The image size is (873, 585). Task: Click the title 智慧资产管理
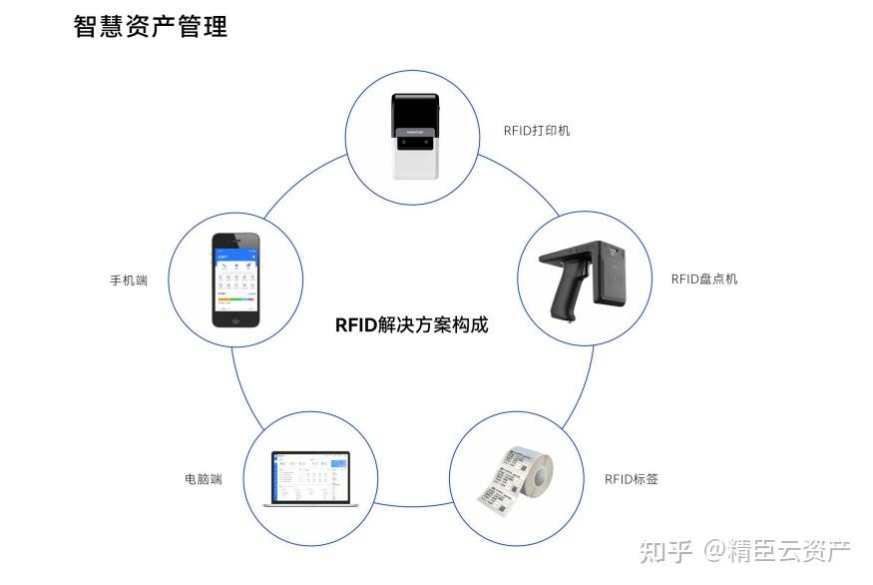[151, 27]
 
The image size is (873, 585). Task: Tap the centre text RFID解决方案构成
[411, 324]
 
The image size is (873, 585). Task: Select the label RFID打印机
[537, 131]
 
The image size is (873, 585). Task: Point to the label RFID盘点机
[703, 279]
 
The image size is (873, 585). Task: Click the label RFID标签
[631, 479]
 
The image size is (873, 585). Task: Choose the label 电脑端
[203, 479]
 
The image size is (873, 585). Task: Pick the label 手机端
[129, 281]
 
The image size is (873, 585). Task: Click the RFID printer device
[414, 137]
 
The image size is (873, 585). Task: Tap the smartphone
[235, 281]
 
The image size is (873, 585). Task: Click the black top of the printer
[414, 111]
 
